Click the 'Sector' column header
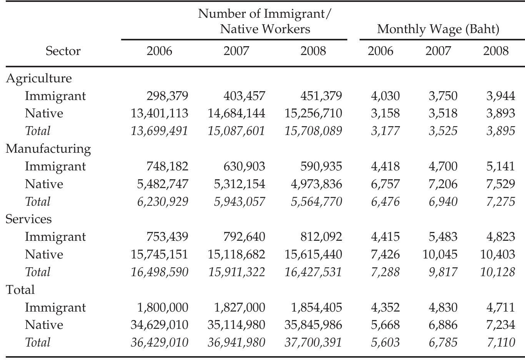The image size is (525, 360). [x=63, y=51]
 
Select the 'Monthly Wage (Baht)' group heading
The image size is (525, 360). [x=438, y=29]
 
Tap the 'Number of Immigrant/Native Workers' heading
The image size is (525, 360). [x=265, y=22]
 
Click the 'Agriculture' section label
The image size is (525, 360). [x=39, y=78]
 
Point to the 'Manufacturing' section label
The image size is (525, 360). [x=48, y=148]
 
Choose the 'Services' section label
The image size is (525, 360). [x=28, y=219]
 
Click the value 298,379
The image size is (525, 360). [x=167, y=96]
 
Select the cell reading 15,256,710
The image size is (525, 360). [x=313, y=113]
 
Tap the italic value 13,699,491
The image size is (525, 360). [x=159, y=131]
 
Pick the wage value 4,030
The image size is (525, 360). [x=385, y=96]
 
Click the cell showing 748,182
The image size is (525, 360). [x=167, y=166]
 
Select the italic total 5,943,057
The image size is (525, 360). [x=239, y=202]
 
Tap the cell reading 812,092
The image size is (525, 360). [x=321, y=237]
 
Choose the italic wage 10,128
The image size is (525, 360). [x=497, y=272]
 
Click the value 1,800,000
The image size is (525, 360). [x=163, y=307]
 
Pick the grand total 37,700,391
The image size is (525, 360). [x=313, y=343]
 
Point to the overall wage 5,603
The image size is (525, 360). [x=385, y=343]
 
